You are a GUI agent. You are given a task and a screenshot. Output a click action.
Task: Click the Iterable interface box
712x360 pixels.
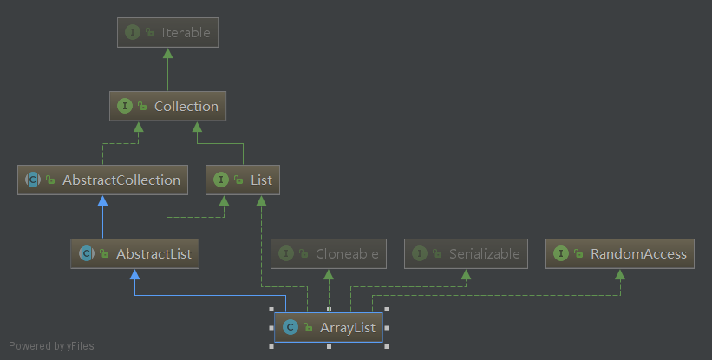pos(167,33)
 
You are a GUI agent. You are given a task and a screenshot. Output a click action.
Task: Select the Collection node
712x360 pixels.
pos(167,107)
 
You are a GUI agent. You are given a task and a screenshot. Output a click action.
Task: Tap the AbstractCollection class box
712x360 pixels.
pos(103,180)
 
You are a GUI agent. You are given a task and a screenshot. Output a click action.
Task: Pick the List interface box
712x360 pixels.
pos(243,180)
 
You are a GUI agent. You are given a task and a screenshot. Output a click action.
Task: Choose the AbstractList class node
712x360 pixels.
pos(134,254)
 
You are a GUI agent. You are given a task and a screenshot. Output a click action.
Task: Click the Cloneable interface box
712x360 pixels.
pos(328,254)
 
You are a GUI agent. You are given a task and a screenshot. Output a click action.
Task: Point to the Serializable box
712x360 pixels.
pos(467,254)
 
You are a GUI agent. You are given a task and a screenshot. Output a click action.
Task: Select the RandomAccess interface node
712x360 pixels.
pos(620,254)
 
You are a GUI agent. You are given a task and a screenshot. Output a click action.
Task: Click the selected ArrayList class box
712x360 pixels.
pos(329,327)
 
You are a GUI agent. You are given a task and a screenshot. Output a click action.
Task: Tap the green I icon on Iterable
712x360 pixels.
pos(133,33)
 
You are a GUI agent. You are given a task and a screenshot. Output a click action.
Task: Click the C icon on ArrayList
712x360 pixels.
pos(291,327)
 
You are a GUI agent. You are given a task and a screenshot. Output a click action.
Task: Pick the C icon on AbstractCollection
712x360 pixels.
pos(33,180)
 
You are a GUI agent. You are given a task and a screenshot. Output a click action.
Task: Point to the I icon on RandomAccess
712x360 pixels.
pos(561,254)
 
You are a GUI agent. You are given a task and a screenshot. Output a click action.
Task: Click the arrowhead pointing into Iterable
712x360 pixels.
pos(167,54)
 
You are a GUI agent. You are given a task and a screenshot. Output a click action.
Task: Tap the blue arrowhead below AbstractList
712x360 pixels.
pos(134,274)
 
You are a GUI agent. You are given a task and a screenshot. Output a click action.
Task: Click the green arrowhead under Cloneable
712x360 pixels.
pos(328,274)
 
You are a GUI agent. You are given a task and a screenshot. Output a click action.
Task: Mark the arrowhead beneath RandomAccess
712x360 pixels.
pos(620,274)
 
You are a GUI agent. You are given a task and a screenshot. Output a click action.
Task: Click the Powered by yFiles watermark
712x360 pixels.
pos(51,345)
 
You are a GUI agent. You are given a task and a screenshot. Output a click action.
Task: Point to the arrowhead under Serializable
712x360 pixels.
pos(467,274)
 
